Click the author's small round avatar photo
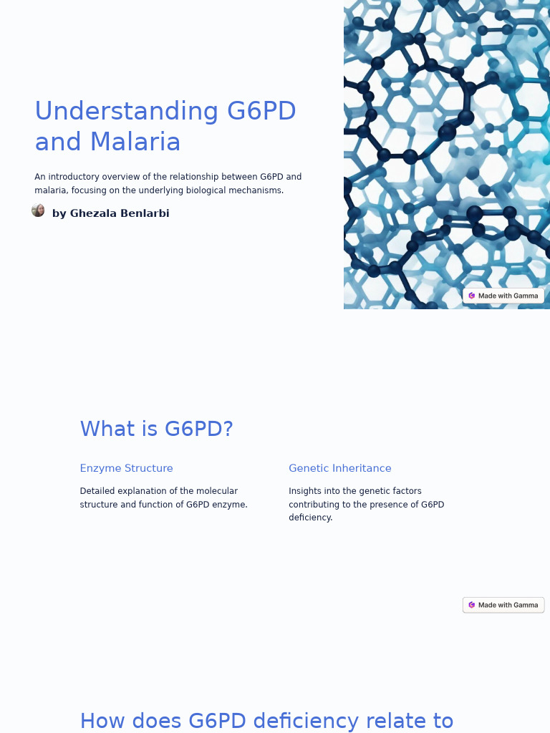(38, 210)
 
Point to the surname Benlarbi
(146, 213)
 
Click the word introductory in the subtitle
(74, 177)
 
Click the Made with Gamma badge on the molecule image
(503, 296)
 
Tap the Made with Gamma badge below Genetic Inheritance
(503, 605)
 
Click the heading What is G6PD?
(156, 429)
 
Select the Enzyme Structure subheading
(126, 468)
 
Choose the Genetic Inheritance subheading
(339, 468)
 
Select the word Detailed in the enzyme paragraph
(97, 491)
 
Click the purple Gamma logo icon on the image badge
(472, 296)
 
